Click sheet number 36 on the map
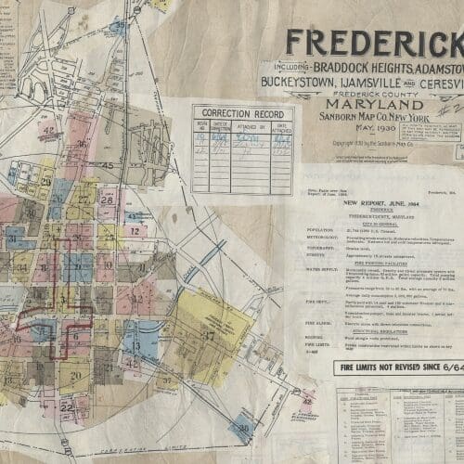pos(83,143)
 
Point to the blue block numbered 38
pos(245,430)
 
